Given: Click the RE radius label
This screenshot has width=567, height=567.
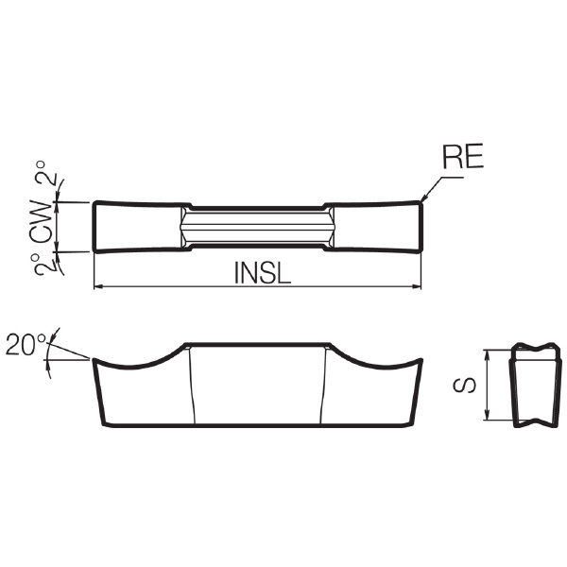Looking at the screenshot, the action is point(463,157).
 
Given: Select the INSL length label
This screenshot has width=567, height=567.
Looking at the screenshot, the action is point(263,273).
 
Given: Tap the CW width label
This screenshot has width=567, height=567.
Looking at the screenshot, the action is point(41,221).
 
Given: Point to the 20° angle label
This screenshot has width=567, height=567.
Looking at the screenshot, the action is point(26,345).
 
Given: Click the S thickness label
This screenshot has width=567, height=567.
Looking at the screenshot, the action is point(465,386).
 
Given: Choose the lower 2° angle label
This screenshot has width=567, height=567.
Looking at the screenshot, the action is point(43,265).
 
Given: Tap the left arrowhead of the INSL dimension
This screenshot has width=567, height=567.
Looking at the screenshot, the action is point(98,286).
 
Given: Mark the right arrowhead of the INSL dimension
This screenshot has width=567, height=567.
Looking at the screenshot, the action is point(417,286).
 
